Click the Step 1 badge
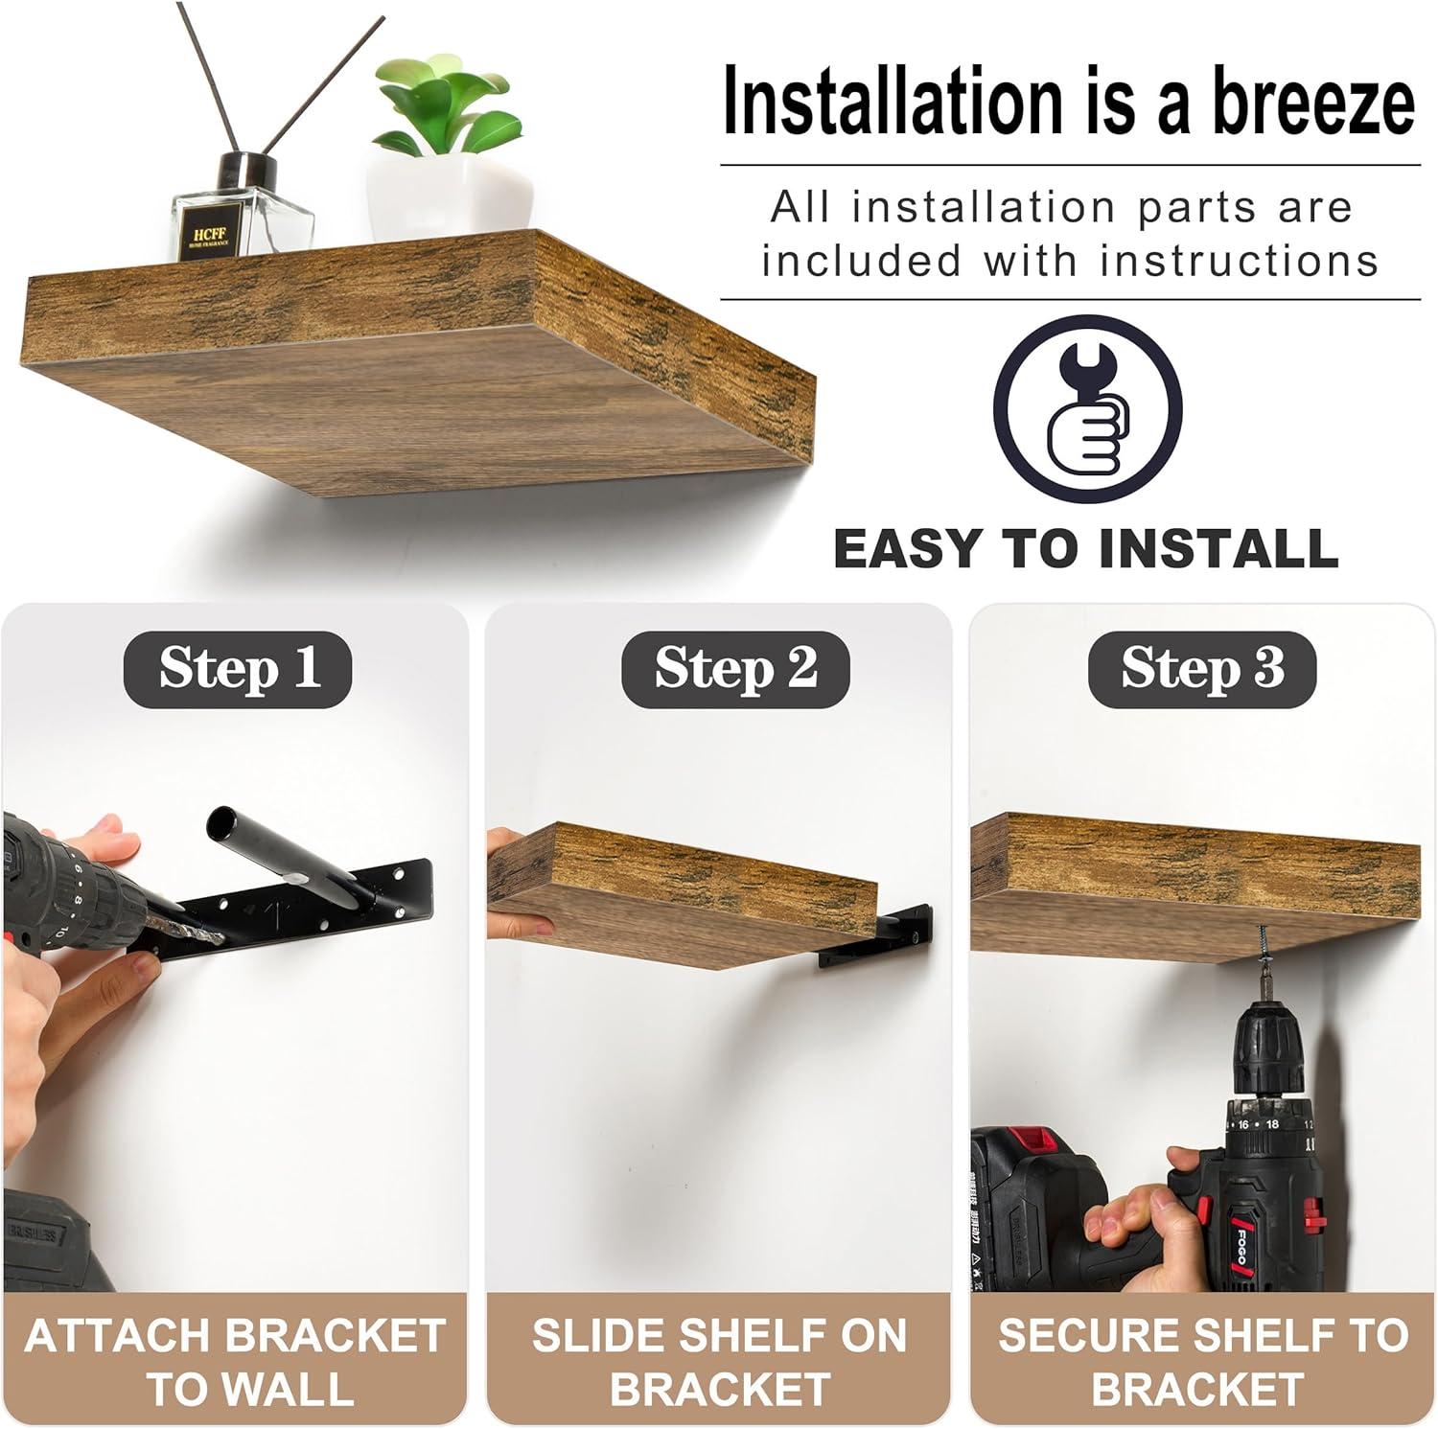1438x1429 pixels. tap(238, 668)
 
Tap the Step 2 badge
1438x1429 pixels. tap(735, 668)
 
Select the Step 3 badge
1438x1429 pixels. tap(1202, 668)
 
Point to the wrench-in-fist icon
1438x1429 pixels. tap(1087, 408)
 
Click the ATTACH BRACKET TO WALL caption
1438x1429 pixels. tap(235, 1361)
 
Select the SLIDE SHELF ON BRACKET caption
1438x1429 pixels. tap(719, 1361)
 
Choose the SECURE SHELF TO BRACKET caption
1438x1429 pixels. tap(1202, 1361)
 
